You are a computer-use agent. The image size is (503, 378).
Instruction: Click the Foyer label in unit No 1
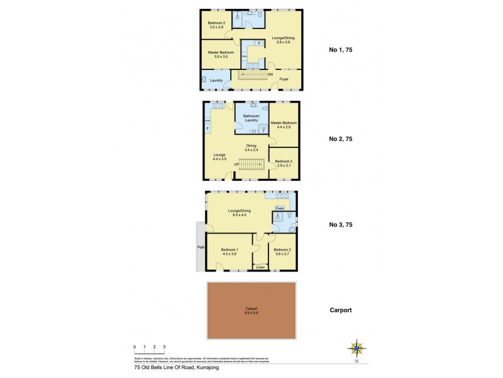click(x=284, y=79)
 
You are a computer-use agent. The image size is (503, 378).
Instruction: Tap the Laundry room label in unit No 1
click(x=217, y=81)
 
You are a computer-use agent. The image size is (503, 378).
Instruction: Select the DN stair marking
click(x=270, y=75)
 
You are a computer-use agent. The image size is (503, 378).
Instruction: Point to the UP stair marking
click(x=236, y=164)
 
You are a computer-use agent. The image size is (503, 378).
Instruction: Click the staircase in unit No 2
click(x=252, y=164)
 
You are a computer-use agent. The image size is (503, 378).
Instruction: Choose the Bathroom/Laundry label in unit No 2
click(x=251, y=118)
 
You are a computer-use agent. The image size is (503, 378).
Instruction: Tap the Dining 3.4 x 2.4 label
click(x=251, y=147)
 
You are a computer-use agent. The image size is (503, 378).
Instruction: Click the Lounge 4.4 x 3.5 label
click(x=219, y=156)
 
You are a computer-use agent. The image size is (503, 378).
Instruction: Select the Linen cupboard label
click(x=260, y=267)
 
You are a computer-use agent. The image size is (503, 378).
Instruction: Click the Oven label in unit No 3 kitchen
click(x=280, y=208)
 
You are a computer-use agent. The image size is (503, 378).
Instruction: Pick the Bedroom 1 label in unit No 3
click(x=229, y=251)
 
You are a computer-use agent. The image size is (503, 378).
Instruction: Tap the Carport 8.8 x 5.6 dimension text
click(x=251, y=311)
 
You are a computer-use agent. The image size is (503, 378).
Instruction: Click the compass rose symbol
click(x=357, y=348)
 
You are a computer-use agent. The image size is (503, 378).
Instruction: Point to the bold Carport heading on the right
click(x=341, y=311)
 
